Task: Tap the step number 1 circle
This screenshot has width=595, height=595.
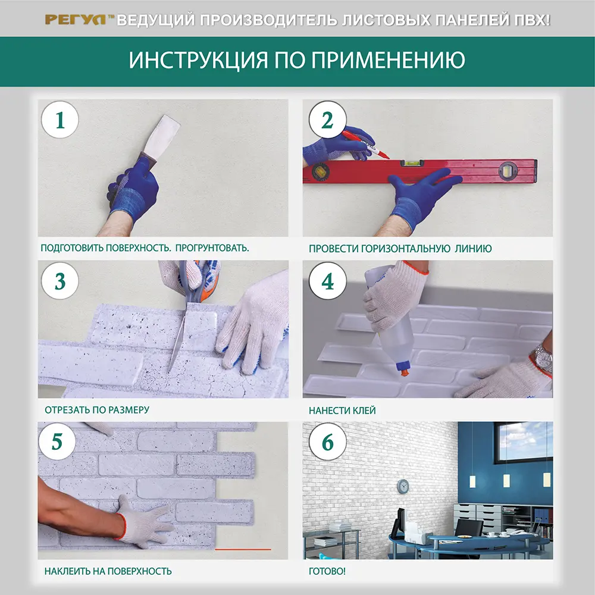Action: (59, 121)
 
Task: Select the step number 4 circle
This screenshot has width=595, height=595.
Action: (328, 282)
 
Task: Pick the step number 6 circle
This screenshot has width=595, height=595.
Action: (328, 443)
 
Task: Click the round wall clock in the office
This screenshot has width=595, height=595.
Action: (403, 486)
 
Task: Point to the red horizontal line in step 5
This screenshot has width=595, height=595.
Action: (243, 549)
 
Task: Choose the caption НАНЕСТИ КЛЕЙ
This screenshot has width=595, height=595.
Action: (342, 410)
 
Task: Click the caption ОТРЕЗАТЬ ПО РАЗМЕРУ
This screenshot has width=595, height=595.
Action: (96, 410)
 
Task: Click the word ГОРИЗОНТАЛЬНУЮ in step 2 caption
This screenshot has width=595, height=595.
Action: (403, 248)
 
